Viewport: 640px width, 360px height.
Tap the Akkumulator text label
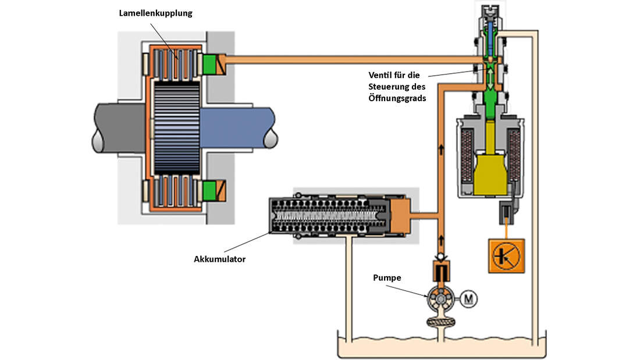point(219,259)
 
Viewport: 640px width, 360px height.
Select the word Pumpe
point(387,277)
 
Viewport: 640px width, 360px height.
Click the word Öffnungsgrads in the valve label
point(397,98)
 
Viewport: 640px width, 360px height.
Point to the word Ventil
point(381,74)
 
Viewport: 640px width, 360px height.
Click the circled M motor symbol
point(470,299)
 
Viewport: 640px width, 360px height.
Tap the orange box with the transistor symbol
point(504,255)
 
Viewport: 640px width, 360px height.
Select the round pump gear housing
point(442,299)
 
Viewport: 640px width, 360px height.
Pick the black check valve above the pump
point(442,268)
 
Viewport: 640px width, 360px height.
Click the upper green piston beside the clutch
point(210,63)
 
